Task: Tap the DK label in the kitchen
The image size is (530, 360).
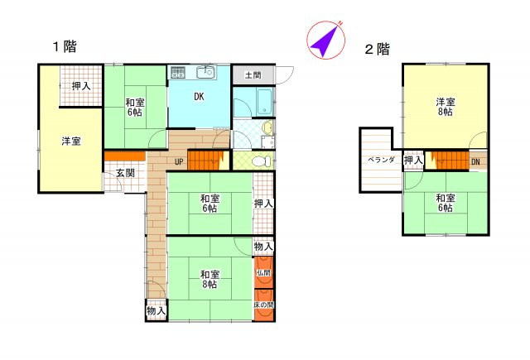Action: tap(199, 97)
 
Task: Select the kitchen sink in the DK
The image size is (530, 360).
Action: tap(205, 72)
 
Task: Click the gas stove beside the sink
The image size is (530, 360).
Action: tap(178, 72)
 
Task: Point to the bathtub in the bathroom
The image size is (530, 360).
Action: tap(264, 102)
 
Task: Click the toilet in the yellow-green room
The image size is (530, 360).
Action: tap(262, 161)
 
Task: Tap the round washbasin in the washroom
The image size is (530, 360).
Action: tap(267, 127)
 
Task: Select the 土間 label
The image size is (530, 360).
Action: tap(253, 74)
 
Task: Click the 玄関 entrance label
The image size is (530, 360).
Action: tap(125, 173)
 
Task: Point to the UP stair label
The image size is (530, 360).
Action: tap(179, 162)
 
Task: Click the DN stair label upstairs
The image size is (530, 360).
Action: tap(475, 161)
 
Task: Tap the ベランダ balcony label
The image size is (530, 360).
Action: tap(381, 160)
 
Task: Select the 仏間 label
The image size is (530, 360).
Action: tap(263, 272)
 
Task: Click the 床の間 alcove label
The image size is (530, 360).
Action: tap(263, 305)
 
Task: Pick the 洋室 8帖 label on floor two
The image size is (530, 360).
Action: tap(446, 107)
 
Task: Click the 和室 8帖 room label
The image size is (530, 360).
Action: tap(210, 279)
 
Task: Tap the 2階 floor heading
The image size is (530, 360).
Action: tap(378, 50)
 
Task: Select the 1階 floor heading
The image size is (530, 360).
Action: tap(65, 46)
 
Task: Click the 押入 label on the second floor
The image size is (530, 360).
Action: tap(414, 161)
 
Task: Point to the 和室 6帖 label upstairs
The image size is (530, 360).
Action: tap(446, 203)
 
